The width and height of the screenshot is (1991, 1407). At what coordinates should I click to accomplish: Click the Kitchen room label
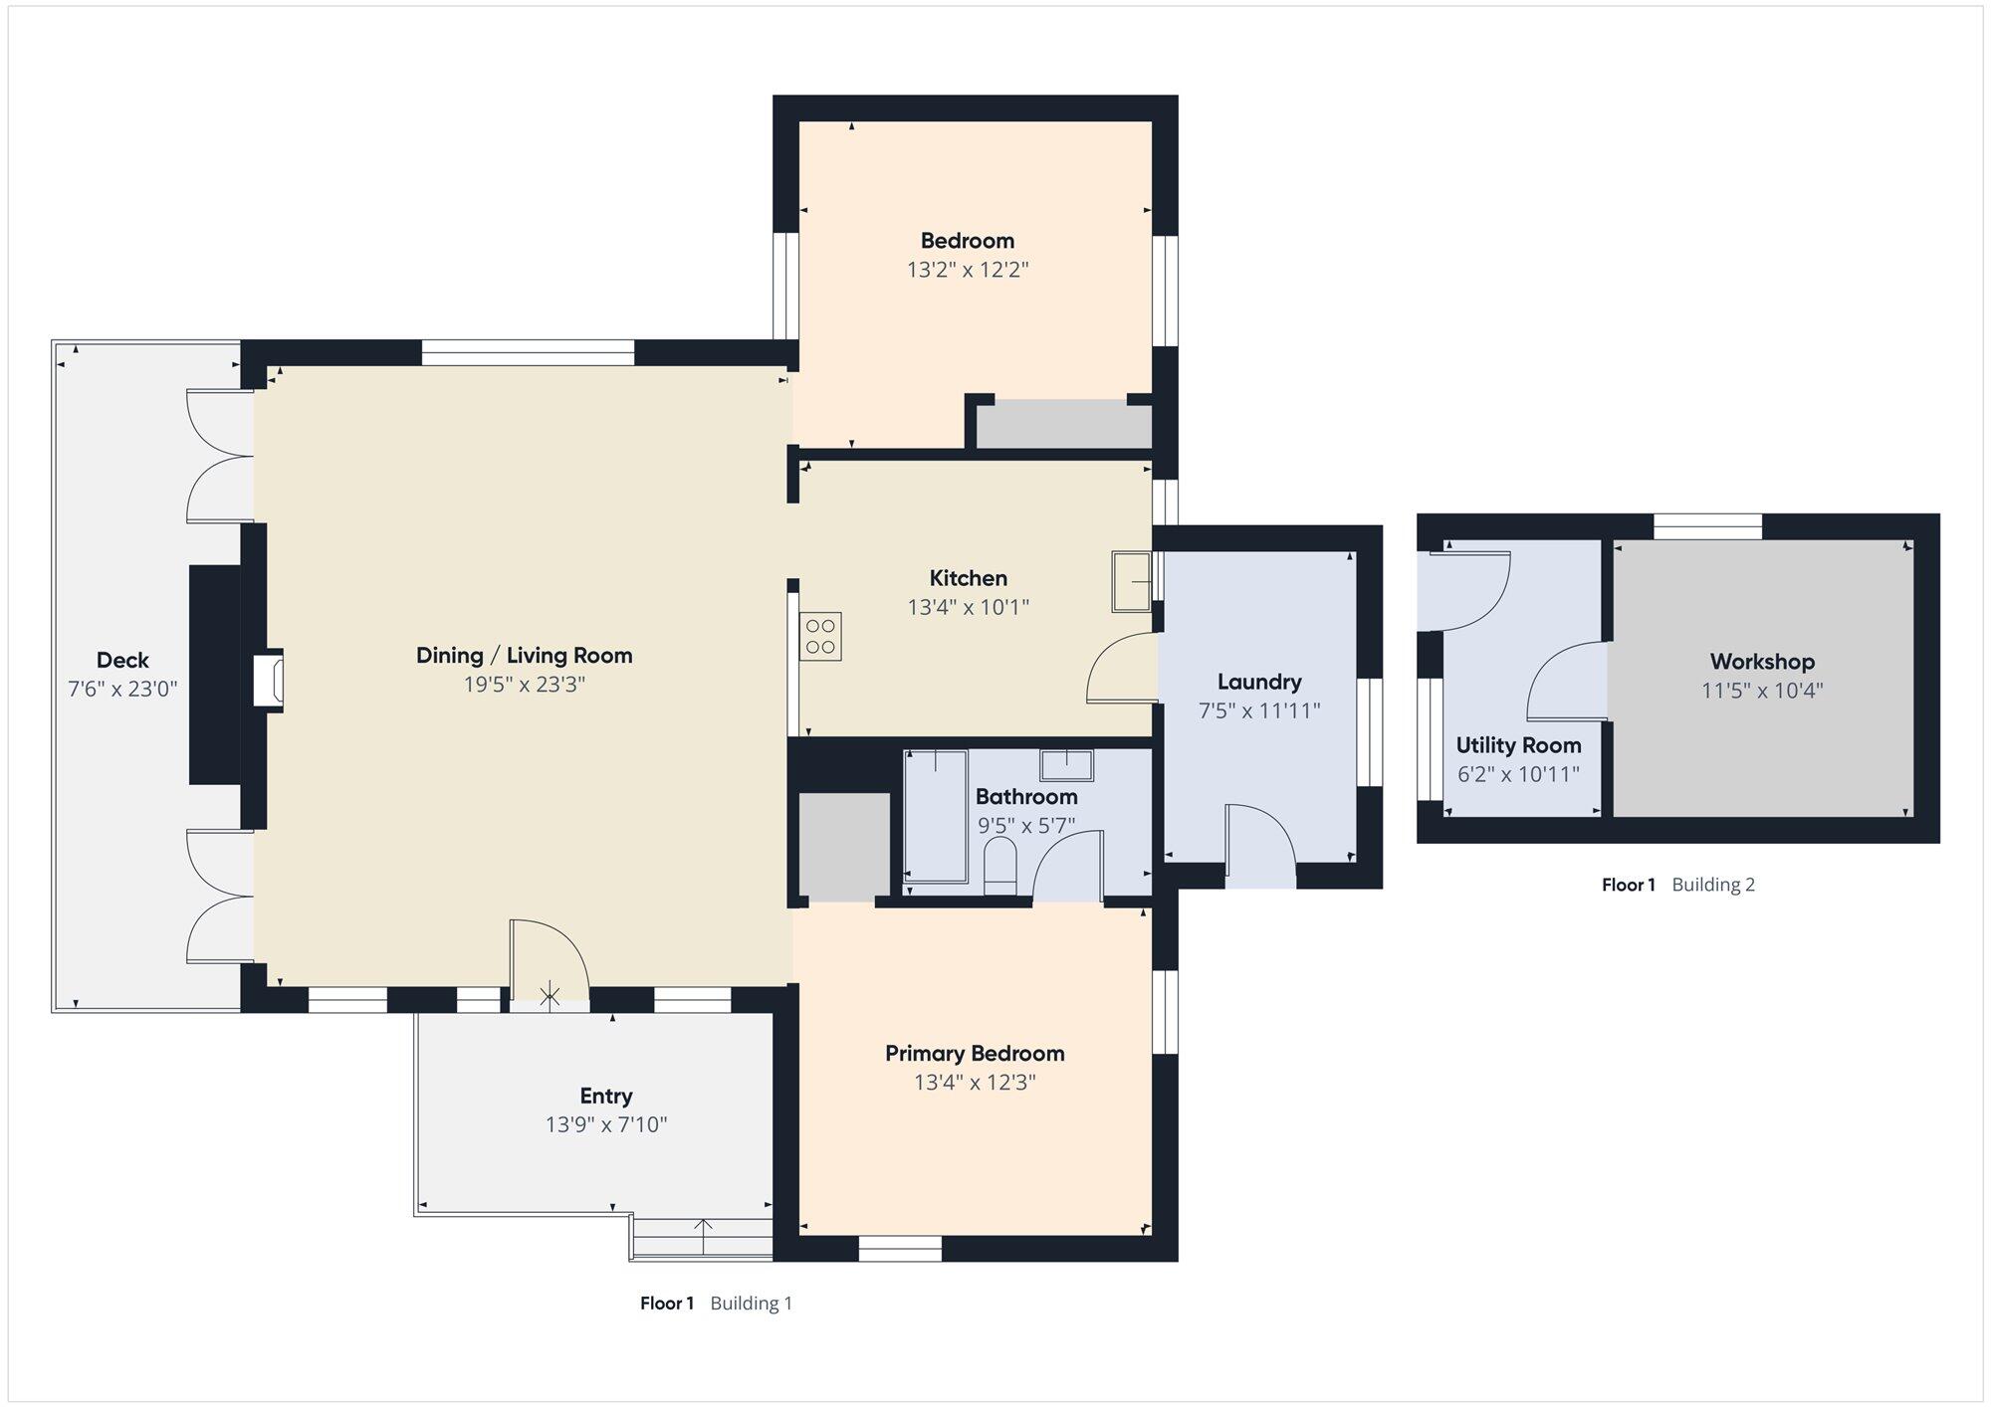click(968, 578)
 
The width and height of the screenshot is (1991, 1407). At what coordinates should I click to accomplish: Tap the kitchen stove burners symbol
click(820, 637)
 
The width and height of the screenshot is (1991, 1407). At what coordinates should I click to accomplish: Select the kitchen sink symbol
click(1133, 582)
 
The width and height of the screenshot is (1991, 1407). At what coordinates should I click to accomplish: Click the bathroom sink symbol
click(1066, 765)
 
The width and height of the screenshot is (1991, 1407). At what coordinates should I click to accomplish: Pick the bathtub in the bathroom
click(936, 816)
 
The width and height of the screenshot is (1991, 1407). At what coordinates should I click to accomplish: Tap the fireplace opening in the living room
click(268, 681)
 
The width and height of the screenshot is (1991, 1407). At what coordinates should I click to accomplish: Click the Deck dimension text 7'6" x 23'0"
click(122, 689)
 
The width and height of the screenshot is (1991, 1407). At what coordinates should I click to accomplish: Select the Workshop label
click(1762, 662)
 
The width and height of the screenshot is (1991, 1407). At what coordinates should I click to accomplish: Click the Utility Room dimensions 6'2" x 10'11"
click(1518, 774)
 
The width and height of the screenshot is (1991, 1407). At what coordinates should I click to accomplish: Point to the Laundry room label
click(1259, 682)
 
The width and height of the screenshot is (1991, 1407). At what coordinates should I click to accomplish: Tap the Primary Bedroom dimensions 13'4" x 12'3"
click(975, 1082)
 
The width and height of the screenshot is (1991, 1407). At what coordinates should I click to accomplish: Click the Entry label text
click(606, 1097)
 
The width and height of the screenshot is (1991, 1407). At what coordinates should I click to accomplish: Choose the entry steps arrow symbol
click(704, 1236)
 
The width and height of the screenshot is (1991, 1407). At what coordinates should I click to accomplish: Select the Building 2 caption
click(1713, 885)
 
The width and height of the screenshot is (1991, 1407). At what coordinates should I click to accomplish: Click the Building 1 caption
click(752, 1304)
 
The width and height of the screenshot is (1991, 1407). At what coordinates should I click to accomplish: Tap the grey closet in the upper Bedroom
click(1063, 425)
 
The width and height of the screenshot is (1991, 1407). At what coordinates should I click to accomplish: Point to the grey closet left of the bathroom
click(844, 847)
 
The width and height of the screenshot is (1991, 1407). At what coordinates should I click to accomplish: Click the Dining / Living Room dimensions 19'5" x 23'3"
click(525, 685)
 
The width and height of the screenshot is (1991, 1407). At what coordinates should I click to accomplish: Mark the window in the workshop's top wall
click(1708, 526)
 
